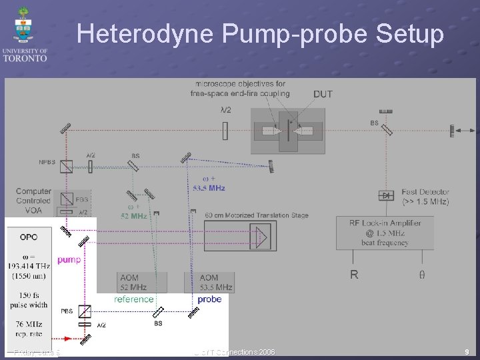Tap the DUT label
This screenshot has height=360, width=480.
323,95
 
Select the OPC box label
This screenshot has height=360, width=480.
29,237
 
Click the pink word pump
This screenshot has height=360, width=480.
69,259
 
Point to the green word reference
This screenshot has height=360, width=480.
134,299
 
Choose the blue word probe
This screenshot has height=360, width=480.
209,299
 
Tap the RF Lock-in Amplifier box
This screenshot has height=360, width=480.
385,233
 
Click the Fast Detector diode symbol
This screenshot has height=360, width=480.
385,195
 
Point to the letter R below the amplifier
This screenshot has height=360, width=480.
354,274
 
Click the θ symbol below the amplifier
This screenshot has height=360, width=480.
422,275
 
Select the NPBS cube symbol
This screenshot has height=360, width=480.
66,166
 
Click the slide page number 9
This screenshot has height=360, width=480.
467,351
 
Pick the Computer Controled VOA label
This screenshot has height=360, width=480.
33,201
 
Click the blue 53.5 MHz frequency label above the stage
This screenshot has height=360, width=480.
207,188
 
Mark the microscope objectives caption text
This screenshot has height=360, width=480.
240,88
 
